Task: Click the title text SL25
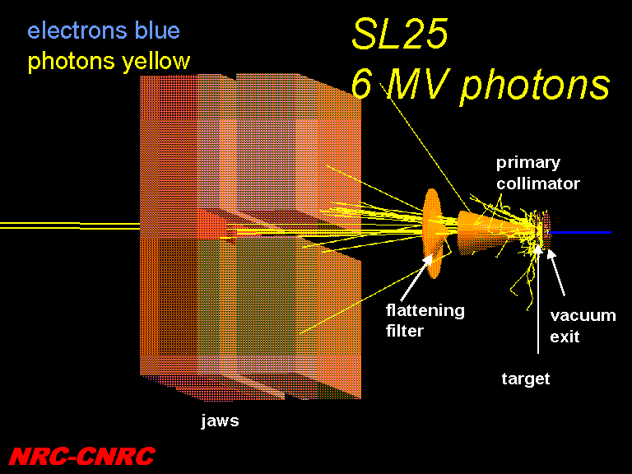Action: tap(400, 34)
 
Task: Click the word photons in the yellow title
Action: tap(535, 86)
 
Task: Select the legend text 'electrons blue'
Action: tap(104, 30)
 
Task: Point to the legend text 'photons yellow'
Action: tap(109, 62)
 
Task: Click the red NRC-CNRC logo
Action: tap(81, 456)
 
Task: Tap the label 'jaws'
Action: tap(220, 421)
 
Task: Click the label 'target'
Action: tap(526, 379)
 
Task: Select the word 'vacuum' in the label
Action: tap(583, 315)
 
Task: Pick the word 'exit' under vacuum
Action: tap(565, 336)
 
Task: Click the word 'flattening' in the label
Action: tap(425, 310)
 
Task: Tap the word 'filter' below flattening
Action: tap(405, 331)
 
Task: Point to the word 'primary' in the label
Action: tap(528, 163)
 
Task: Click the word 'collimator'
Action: tap(538, 184)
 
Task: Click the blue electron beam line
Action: tap(581, 233)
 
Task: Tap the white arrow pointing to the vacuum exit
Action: tap(555, 272)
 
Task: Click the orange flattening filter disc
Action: tap(433, 234)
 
